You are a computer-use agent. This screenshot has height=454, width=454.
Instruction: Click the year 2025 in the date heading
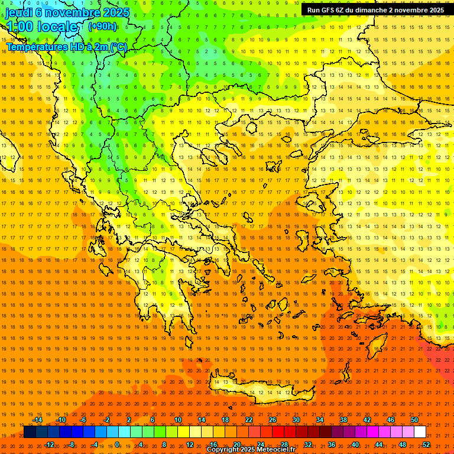click(116, 12)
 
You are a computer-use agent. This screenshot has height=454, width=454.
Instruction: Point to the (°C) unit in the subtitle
click(118, 47)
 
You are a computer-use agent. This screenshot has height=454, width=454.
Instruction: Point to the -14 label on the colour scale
click(37, 420)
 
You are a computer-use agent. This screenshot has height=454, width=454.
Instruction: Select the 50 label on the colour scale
click(414, 420)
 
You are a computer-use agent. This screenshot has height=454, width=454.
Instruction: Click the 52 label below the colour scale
click(426, 445)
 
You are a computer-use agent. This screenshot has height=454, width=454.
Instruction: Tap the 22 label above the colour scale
click(249, 420)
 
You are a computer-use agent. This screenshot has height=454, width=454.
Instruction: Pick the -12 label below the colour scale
click(49, 445)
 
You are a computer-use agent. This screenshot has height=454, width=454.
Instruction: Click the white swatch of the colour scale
click(420, 432)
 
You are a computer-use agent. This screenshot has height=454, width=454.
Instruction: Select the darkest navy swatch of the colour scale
click(30, 432)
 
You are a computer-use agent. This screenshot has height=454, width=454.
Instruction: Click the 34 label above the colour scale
click(320, 420)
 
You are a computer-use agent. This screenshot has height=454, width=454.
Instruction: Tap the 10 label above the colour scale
click(178, 420)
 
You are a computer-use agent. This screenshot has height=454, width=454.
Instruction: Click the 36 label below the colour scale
click(332, 445)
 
